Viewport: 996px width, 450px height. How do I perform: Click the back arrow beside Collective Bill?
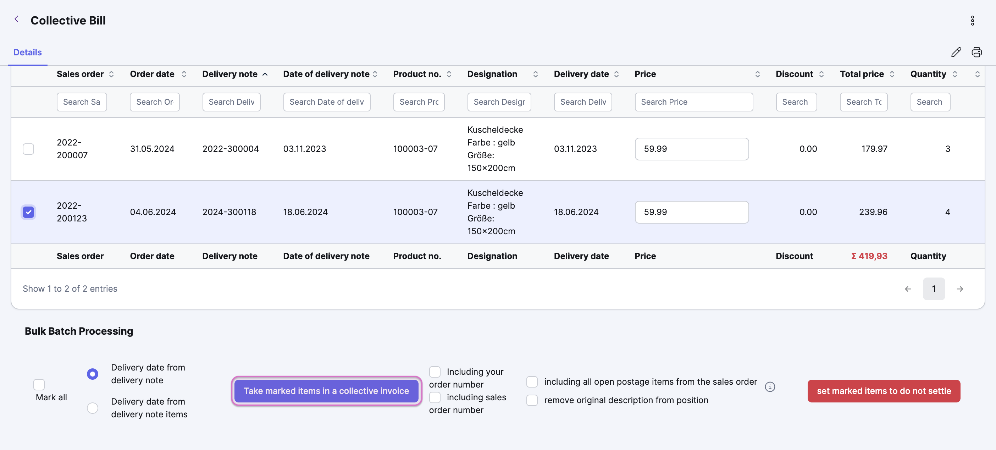[16, 19]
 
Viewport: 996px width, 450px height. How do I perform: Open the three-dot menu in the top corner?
[973, 21]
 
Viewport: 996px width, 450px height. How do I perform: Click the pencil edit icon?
[956, 52]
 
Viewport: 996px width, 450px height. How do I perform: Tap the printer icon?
[976, 52]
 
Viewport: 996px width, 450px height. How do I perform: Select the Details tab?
[27, 52]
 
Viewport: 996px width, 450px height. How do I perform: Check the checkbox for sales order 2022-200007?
[28, 149]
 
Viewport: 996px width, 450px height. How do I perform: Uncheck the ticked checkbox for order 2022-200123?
[28, 212]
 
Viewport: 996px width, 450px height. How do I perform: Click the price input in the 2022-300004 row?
[692, 149]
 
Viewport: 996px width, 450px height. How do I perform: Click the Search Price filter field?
[694, 102]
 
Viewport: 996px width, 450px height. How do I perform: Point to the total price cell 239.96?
[873, 212]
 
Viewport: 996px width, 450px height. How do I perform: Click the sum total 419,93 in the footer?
[869, 256]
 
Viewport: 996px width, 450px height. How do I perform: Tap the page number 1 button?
[934, 289]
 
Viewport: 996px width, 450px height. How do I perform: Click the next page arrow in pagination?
[960, 289]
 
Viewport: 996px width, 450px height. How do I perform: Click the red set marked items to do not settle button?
[884, 391]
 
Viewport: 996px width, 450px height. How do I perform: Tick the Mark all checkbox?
[39, 385]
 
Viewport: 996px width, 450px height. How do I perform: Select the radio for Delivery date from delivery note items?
[93, 408]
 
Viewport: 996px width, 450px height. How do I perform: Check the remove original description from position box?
[532, 400]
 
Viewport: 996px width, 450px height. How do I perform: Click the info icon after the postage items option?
[770, 387]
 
